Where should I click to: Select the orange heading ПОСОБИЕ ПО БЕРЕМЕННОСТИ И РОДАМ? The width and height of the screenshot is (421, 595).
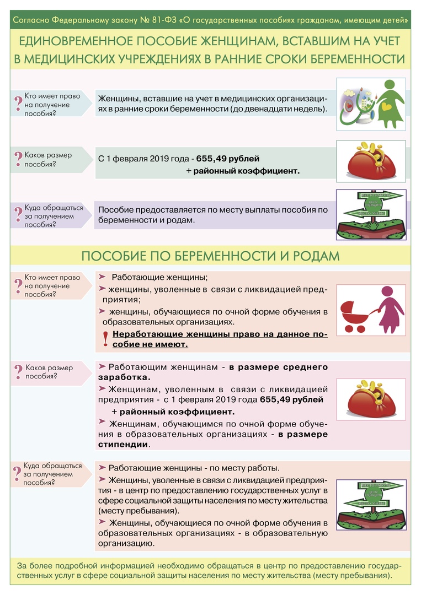click(x=210, y=257)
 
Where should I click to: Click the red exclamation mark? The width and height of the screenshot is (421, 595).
click(x=105, y=339)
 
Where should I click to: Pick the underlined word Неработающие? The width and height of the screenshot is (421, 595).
click(x=146, y=334)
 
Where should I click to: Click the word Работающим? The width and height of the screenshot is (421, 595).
click(x=140, y=367)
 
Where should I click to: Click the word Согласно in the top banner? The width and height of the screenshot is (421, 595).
click(x=31, y=20)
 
